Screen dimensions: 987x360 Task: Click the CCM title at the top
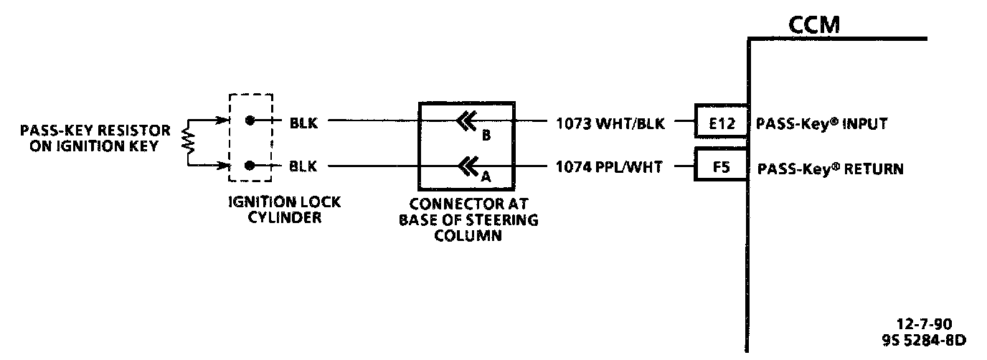813,26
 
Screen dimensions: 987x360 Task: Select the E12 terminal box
722,123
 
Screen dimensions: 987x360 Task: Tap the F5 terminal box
722,169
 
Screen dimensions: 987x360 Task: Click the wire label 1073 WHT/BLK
610,123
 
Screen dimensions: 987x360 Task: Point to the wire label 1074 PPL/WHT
610,169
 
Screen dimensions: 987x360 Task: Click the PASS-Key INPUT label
821,123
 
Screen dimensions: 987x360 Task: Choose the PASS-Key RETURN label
830,169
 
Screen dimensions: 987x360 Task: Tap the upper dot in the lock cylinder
249,120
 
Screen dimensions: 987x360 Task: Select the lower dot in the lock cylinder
249,166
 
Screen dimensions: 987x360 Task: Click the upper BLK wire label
302,122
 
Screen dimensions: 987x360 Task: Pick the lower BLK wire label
302,167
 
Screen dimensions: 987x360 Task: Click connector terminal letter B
486,136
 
